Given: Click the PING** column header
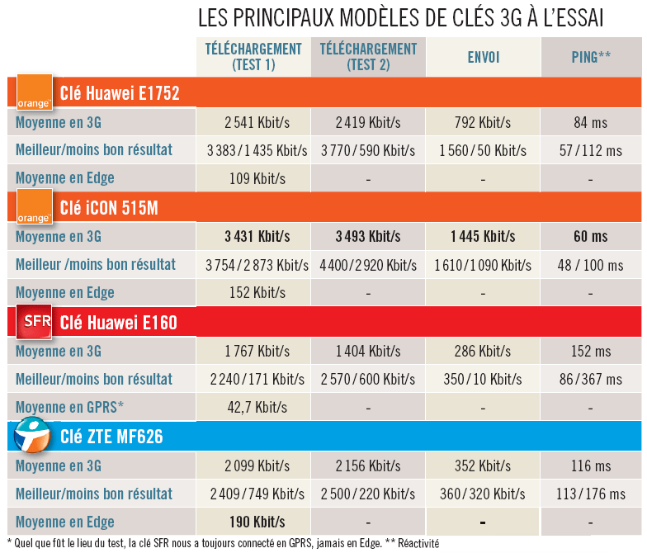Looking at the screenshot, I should [x=591, y=57].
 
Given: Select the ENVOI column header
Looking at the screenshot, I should [x=483, y=57].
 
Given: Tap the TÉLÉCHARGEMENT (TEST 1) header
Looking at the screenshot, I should [x=253, y=57].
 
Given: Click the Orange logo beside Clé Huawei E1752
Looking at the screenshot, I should [x=35, y=92].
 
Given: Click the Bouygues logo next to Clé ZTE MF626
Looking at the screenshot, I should [x=34, y=436].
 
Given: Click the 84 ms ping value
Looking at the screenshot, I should [x=590, y=123].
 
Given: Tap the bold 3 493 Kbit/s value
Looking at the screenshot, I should [x=368, y=237].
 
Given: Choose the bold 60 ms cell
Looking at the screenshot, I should [x=590, y=237].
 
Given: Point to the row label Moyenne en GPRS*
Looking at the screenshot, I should [x=69, y=407].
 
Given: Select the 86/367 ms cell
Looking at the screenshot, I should [x=590, y=380].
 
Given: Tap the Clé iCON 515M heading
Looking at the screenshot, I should [x=109, y=207].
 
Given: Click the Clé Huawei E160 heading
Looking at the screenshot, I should [x=118, y=322].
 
